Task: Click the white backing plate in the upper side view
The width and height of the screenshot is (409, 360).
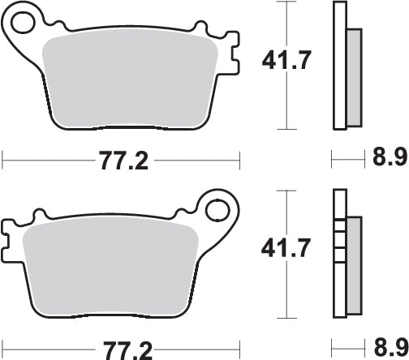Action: click(x=338, y=65)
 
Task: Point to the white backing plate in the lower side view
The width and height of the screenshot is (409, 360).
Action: click(x=338, y=243)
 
